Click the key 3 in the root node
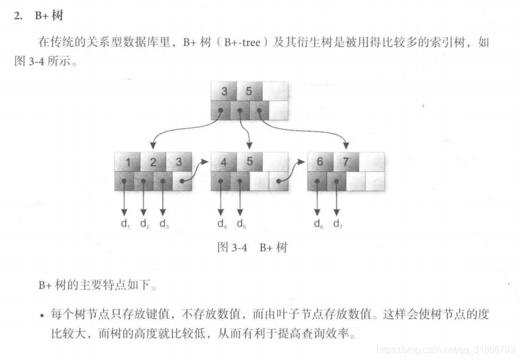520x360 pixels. [x=225, y=92]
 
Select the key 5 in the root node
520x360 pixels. [x=248, y=92]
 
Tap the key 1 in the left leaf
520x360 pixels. [x=128, y=162]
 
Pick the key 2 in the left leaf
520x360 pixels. [x=153, y=162]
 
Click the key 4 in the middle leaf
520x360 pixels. [x=224, y=162]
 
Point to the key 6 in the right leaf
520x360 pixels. [x=320, y=162]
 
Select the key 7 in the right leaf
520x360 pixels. [x=345, y=162]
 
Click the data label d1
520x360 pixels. [x=125, y=224]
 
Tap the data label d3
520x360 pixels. [x=163, y=224]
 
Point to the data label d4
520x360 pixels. [x=222, y=224]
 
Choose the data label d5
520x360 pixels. [x=241, y=224]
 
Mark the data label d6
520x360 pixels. [x=319, y=224]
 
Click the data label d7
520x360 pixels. [x=338, y=224]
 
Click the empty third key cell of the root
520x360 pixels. [x=275, y=92]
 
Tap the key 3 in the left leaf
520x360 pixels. [x=179, y=162]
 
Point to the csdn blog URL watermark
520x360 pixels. [x=446, y=346]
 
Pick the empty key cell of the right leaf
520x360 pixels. [x=372, y=162]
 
